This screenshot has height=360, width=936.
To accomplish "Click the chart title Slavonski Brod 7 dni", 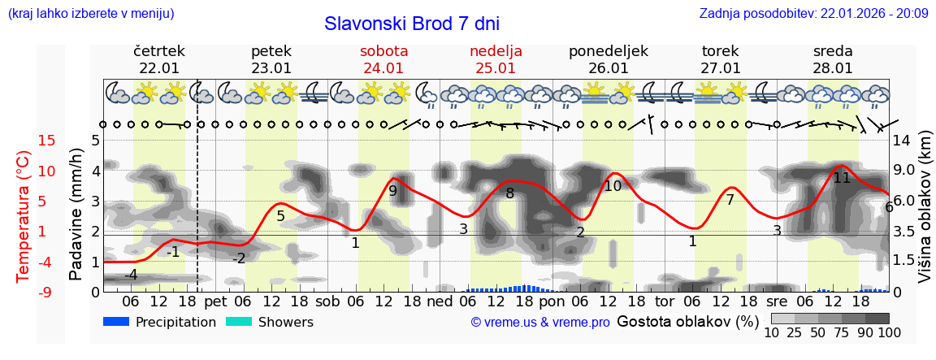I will [412, 24].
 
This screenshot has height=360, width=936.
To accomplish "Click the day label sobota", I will [383, 51].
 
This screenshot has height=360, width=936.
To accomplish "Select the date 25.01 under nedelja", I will [496, 68].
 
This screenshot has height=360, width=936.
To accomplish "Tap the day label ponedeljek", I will [608, 51].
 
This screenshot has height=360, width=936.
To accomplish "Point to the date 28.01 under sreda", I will [833, 68].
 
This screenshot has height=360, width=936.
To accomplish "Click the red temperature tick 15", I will [24, 141].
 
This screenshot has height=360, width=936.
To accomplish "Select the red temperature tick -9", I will [24, 292].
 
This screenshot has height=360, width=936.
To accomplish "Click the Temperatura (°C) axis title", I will [24, 216].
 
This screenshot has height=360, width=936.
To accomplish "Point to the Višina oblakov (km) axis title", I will [925, 216].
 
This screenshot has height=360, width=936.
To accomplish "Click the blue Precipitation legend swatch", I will [116, 322].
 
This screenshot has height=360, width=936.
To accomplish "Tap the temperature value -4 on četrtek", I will [130, 275].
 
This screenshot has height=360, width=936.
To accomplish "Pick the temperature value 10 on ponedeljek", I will [613, 186].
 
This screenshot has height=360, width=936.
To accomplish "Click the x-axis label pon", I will [552, 301].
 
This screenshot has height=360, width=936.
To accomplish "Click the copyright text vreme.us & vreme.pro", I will [540, 323].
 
